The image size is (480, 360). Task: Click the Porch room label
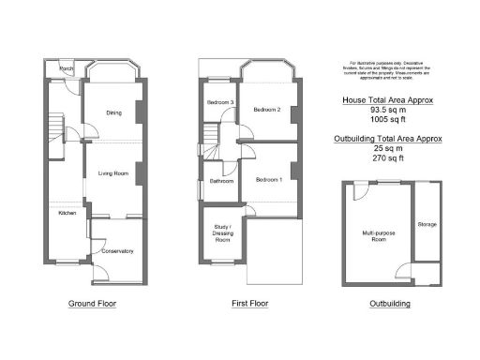67,69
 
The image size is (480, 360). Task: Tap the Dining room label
114,113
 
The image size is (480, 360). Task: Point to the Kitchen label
67,214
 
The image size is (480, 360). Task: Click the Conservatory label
119,250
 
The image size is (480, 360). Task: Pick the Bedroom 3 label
219,100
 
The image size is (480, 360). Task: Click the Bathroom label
222,181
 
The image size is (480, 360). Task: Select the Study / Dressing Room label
222,234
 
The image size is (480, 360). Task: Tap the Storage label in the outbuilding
427,224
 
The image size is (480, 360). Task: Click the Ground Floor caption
93,304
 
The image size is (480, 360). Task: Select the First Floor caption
250,304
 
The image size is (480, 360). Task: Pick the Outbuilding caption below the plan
389,304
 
